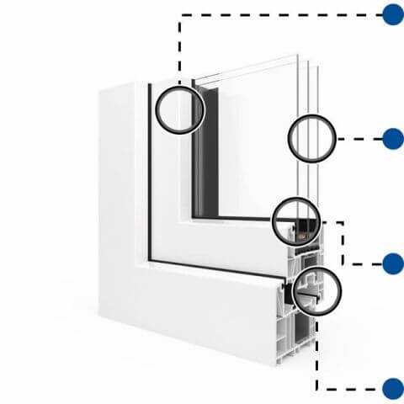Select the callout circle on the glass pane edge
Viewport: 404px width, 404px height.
click(x=312, y=139)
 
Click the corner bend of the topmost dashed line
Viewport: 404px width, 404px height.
click(x=179, y=15)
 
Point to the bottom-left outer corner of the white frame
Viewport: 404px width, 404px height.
click(x=100, y=316)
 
